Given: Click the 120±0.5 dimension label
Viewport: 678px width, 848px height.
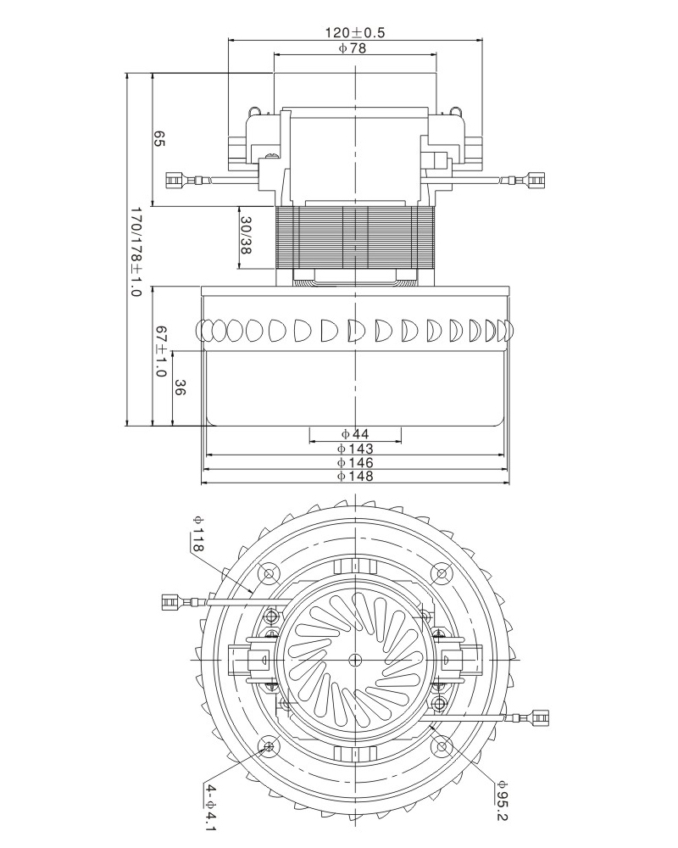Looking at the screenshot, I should [356, 33].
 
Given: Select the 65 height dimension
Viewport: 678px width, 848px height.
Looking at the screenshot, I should [158, 139].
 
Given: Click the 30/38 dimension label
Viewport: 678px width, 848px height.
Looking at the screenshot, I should [247, 235].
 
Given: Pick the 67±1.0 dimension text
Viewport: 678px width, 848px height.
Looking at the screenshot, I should [158, 350].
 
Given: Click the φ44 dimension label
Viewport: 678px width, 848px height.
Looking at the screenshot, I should [354, 433].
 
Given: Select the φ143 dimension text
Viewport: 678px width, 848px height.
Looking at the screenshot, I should [355, 448].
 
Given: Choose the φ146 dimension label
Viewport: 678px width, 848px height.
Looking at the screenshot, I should [355, 462].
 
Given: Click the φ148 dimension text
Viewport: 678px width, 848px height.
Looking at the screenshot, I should [355, 477].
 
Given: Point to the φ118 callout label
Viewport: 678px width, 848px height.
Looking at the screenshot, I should [197, 533].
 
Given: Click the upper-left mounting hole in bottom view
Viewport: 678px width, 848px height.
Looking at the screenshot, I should [270, 574].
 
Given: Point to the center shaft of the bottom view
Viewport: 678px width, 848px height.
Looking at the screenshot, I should [355, 660].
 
